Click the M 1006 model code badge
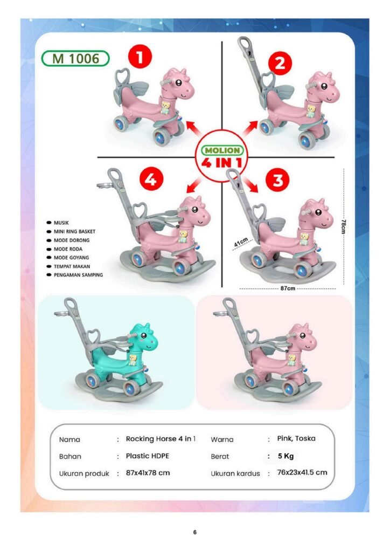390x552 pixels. pos(75,58)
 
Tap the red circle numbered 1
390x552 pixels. pos(140,57)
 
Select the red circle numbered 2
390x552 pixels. pos(280,64)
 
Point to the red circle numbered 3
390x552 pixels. pos(278,180)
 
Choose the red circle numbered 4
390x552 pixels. pos(151,180)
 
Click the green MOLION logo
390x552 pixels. pos(222,150)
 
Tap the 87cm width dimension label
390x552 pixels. pos(288,288)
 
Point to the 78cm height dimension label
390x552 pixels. pos(344,226)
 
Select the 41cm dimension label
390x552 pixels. pos(241,243)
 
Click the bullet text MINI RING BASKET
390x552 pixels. pos(74,231)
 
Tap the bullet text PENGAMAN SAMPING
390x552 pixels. pos(78,275)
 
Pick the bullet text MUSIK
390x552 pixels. pos(61,223)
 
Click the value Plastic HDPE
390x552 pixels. pos(148,456)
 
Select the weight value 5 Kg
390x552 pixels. pos(285,456)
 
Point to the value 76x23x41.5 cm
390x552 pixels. pos(302,472)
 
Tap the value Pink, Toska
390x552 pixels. pos(296,439)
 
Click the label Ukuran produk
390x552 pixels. pos(84,473)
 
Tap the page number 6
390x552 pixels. pos(195,532)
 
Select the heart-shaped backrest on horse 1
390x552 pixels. pos(123,76)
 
